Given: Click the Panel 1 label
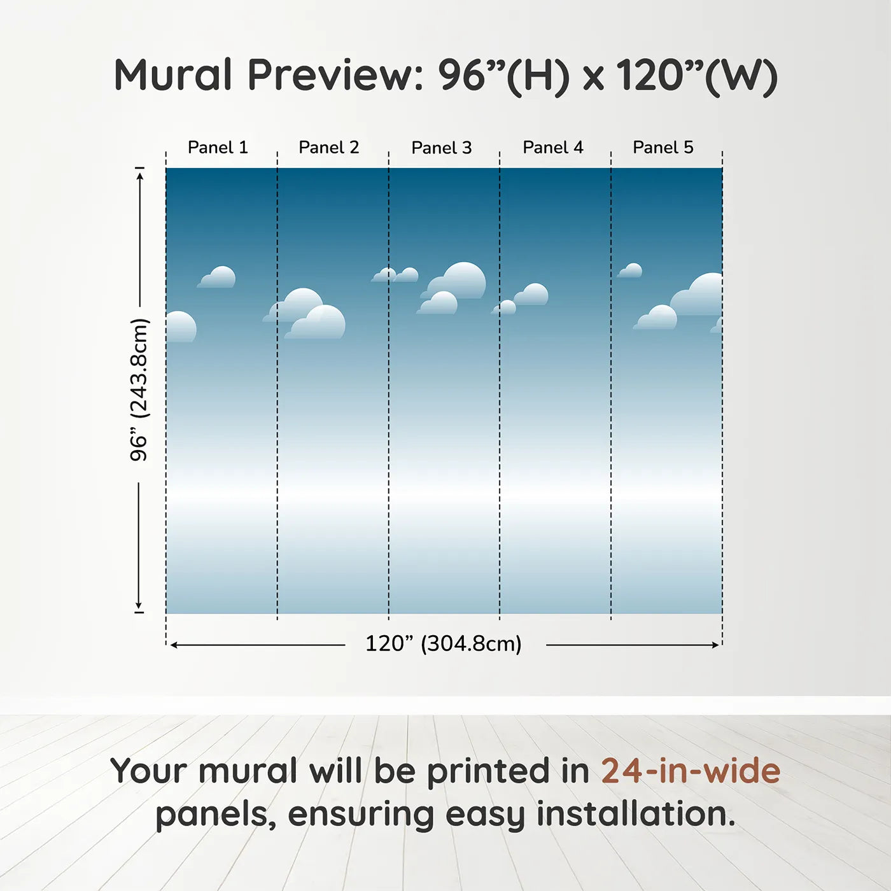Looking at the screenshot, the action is tap(218, 148).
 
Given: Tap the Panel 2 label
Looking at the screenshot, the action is tap(329, 148).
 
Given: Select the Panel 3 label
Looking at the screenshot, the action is tap(442, 148).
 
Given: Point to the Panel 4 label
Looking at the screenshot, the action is tap(553, 148).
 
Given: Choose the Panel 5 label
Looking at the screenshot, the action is tap(663, 148).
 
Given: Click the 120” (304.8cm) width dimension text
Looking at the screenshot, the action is tap(444, 643).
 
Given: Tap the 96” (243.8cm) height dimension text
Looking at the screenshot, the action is tap(139, 389).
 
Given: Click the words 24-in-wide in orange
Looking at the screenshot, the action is tap(691, 771).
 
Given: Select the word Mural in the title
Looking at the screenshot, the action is tap(172, 75).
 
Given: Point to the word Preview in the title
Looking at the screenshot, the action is tap(335, 75).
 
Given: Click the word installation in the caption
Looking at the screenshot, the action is tap(636, 814).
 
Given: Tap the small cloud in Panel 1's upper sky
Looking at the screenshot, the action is tap(216, 277).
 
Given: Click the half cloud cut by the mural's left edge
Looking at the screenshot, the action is tap(181, 327).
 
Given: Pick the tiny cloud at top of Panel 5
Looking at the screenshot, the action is tap(630, 270).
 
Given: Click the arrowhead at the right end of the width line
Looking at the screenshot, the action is tap(716, 645).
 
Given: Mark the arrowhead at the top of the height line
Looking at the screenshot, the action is tap(139, 176).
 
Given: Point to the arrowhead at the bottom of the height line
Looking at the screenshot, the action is tap(138, 605).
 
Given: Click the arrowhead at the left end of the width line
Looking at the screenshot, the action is tap(174, 645).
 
